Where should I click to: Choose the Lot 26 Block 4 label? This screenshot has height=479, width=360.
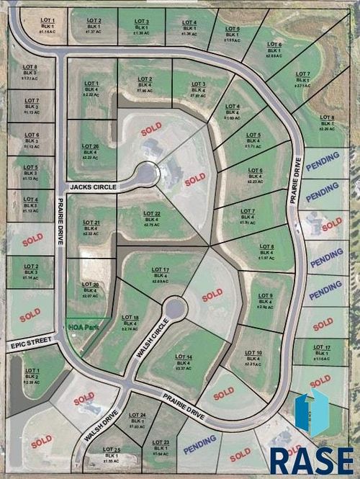coord(90,152)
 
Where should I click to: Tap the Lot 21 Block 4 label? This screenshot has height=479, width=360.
coord(90,228)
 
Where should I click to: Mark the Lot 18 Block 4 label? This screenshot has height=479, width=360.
coord(130,323)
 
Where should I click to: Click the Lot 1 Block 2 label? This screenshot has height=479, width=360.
coord(32,376)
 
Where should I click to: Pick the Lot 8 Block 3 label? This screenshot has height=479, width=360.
coord(30,72)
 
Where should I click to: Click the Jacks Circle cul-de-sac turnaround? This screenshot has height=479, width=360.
coord(147,174)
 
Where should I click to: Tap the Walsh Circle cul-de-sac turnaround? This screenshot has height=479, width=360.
coord(174,310)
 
